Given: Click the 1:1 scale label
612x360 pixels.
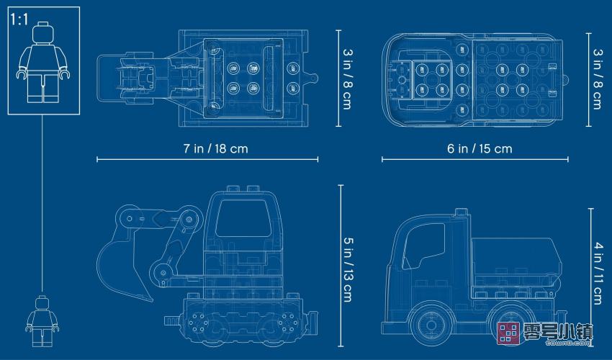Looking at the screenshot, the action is click(19, 19).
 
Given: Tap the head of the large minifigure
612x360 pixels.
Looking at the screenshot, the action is click(42, 33).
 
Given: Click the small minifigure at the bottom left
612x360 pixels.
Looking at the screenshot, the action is click(42, 321).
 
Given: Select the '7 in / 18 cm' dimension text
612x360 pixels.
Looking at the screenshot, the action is click(215, 148).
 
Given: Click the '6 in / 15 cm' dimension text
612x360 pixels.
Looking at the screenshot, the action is click(480, 148).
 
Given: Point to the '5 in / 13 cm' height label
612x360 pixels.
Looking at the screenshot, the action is click(347, 269).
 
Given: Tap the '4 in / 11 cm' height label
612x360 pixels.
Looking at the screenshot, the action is click(598, 274).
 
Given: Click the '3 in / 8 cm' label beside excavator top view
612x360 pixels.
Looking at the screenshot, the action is click(347, 78).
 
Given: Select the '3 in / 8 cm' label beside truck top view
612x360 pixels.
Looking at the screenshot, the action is click(597, 78).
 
